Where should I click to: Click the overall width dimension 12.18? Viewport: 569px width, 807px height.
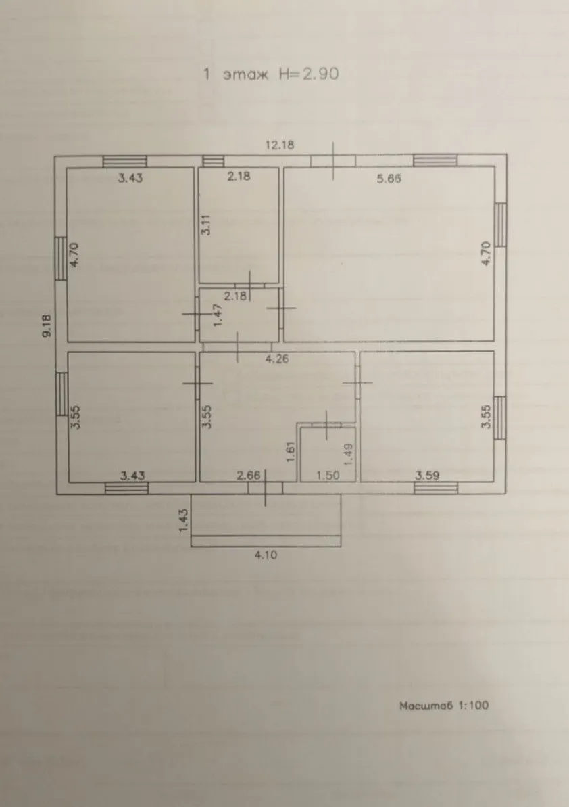[280, 145]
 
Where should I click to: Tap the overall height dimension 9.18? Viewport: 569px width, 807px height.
[47, 326]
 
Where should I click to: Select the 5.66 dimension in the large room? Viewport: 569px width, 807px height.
[389, 179]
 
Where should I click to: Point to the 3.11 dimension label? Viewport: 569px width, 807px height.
[205, 225]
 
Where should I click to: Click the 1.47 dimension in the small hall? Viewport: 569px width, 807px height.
[218, 315]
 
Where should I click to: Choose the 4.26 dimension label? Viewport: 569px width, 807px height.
[277, 359]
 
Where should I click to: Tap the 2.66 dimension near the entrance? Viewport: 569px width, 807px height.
[248, 475]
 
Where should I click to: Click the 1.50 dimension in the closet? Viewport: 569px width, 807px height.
[328, 475]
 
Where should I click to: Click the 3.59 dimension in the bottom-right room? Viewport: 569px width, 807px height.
[427, 475]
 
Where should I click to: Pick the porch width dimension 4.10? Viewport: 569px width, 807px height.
[266, 555]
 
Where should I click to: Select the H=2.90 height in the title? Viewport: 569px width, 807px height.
[309, 74]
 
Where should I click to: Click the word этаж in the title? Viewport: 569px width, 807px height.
[246, 74]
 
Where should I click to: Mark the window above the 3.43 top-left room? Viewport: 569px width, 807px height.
[125, 161]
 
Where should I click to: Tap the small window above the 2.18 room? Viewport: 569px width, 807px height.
[214, 161]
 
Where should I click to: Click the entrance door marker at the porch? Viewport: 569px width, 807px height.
[265, 488]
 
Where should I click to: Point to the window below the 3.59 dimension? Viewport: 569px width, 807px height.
[436, 488]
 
